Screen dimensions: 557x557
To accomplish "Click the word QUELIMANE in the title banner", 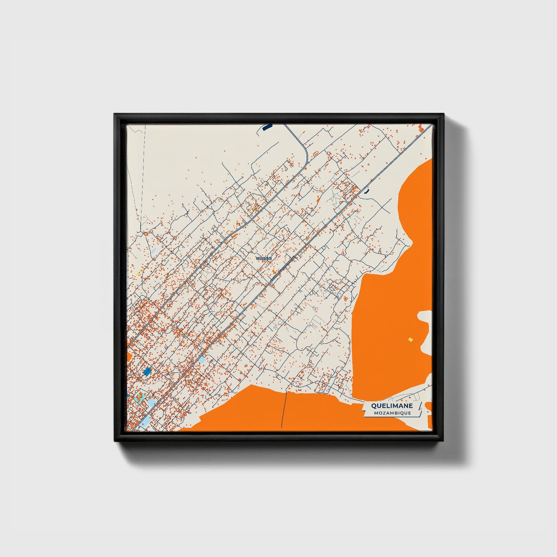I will pyautogui.click(x=392, y=406).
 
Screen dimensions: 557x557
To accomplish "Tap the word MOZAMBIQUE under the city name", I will pyautogui.click(x=392, y=413).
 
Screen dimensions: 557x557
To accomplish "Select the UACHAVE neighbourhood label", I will pyautogui.click(x=264, y=258).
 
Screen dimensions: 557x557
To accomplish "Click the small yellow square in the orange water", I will pyautogui.click(x=411, y=339).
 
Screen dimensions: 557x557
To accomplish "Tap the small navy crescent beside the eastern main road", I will pyautogui.click(x=366, y=190).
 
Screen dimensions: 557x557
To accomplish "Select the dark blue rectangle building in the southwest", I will pyautogui.click(x=147, y=371).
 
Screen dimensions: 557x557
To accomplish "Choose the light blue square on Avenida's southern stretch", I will pyautogui.click(x=202, y=360).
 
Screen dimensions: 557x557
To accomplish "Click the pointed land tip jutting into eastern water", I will pyautogui.click(x=411, y=243).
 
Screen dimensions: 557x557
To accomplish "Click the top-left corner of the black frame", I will pyautogui.click(x=115, y=114).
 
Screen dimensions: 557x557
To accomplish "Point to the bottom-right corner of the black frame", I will pyautogui.click(x=443, y=440).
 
